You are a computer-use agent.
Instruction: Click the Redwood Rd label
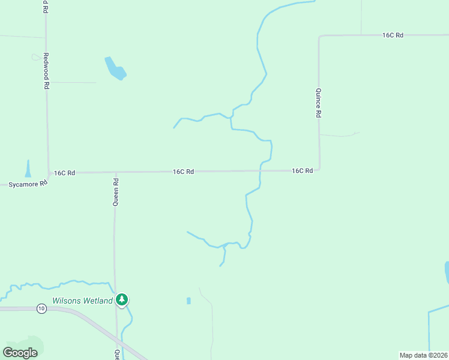tap(46, 71)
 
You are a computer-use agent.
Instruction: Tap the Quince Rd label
tap(319, 103)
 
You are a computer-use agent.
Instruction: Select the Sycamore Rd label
tap(28, 184)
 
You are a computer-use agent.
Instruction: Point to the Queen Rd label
tap(116, 191)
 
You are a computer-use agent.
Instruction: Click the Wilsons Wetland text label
tap(82, 301)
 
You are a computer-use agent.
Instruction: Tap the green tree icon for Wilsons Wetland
tap(122, 299)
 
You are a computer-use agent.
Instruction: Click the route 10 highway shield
tap(41, 308)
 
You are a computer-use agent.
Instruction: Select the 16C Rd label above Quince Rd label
tap(393, 35)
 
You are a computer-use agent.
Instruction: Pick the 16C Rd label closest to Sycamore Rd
tap(64, 173)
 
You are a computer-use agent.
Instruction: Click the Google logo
tap(20, 353)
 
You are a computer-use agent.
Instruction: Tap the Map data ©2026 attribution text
tap(423, 355)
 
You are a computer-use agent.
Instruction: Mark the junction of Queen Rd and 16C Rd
tap(116, 172)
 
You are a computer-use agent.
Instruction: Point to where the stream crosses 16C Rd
tap(260, 171)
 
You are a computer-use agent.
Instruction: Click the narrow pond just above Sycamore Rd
tap(28, 168)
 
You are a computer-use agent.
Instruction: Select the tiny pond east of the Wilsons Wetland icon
tap(188, 301)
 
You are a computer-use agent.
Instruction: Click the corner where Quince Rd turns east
tap(319, 37)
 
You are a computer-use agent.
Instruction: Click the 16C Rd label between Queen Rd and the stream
tap(183, 172)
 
